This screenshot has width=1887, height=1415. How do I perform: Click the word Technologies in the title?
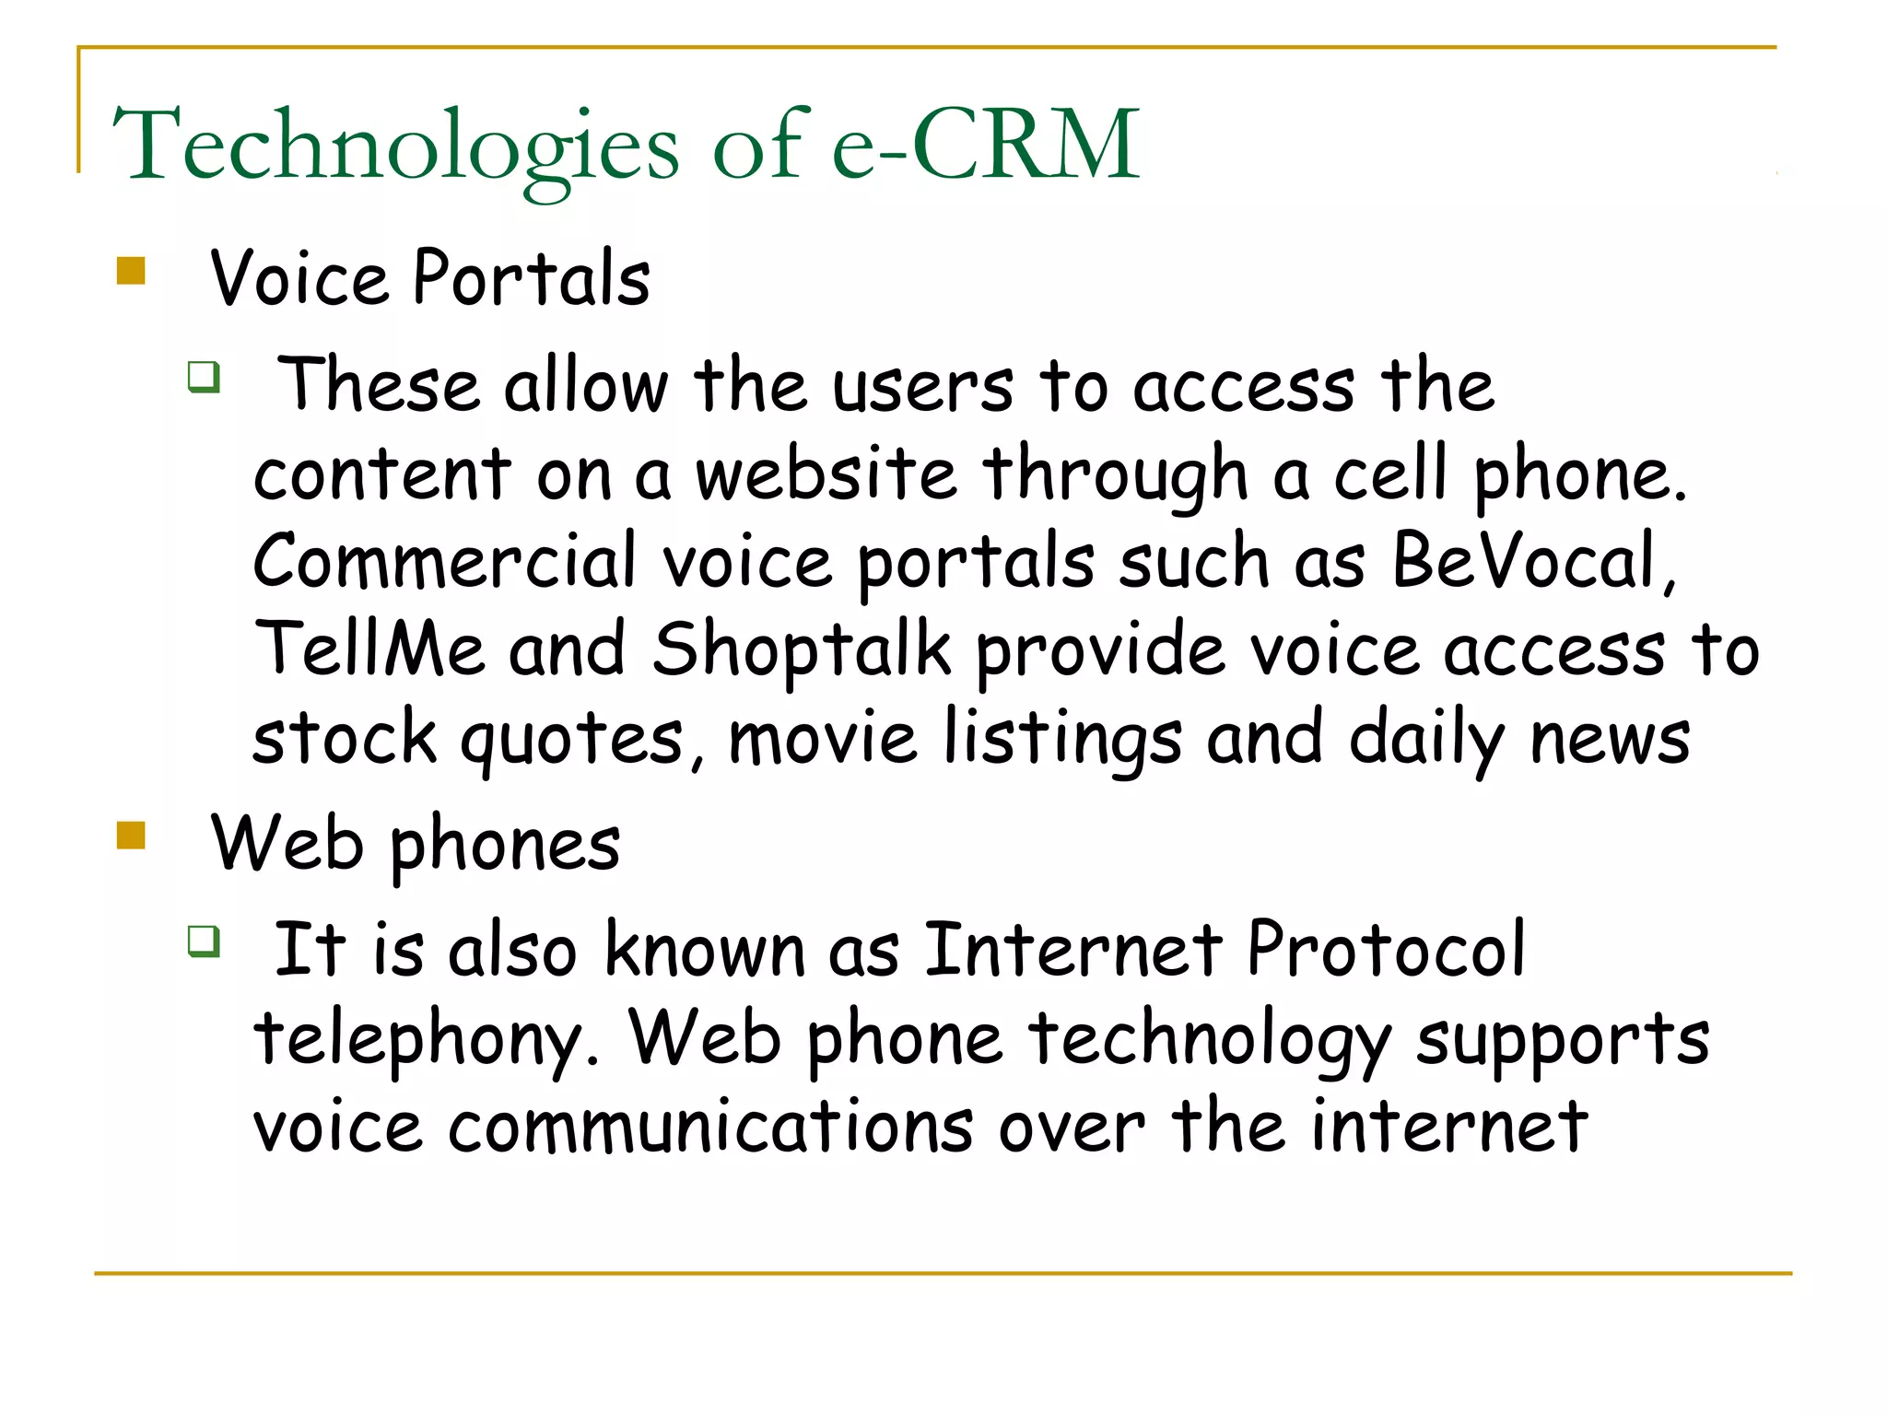coord(395,146)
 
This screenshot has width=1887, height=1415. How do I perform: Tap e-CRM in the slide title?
coord(986,144)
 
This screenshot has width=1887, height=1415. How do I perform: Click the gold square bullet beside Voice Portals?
coord(132,271)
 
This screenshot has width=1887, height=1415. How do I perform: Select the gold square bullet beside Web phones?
coord(132,835)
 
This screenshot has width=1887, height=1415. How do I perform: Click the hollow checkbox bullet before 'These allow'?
coord(204,377)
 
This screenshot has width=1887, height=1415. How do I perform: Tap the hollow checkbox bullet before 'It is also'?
coord(204,941)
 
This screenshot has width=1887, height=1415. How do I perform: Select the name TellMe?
coord(369,649)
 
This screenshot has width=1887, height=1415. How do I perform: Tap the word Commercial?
coord(445,561)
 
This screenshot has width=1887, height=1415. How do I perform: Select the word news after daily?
coord(1610,739)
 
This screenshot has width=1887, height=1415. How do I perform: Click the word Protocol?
coord(1386,949)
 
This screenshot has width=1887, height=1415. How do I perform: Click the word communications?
coord(710,1126)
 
